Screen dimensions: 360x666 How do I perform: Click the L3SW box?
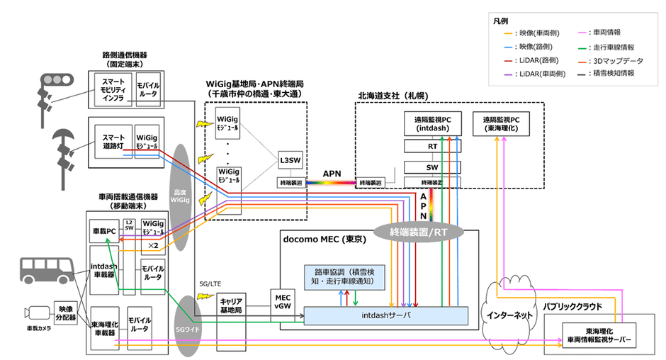pyautogui.click(x=288, y=159)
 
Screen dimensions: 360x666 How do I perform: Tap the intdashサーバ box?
pyautogui.click(x=386, y=315)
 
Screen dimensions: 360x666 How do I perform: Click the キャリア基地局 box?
pyautogui.click(x=232, y=305)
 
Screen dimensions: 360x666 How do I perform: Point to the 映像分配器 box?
pyautogui.click(x=65, y=312)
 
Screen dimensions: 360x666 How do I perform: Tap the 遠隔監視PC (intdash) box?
pyautogui.click(x=431, y=125)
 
